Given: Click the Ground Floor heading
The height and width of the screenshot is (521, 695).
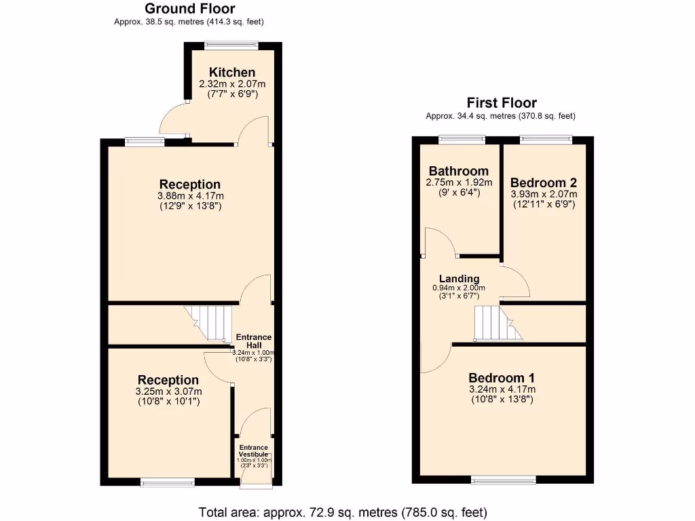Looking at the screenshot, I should (190, 9).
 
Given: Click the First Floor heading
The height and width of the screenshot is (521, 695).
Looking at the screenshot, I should (502, 103).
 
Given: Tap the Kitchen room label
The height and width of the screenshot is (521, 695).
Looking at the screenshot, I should (232, 73).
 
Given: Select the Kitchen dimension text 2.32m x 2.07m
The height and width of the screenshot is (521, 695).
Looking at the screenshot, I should (232, 84).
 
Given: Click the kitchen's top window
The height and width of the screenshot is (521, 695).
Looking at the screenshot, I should (231, 46).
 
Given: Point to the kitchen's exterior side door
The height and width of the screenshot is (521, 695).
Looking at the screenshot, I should (174, 120).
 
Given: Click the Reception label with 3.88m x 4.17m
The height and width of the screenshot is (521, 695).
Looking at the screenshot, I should (190, 185).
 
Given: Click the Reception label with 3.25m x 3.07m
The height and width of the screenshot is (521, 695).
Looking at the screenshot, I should (168, 380).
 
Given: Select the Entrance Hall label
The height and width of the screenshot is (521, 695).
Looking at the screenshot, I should (253, 341).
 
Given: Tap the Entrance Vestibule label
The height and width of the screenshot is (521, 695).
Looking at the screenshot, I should (252, 451).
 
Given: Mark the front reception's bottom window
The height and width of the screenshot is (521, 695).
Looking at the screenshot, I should (168, 483).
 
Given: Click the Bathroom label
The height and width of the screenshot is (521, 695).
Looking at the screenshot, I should (458, 171).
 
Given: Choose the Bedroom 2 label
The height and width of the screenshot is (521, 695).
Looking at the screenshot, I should (544, 182).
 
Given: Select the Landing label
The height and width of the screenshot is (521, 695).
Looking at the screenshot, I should (459, 279).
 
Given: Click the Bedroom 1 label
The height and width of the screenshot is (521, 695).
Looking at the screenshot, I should (502, 378).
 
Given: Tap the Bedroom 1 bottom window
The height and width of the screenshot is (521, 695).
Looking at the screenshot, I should (502, 480).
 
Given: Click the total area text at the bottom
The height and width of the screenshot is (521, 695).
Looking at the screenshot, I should (343, 512).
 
